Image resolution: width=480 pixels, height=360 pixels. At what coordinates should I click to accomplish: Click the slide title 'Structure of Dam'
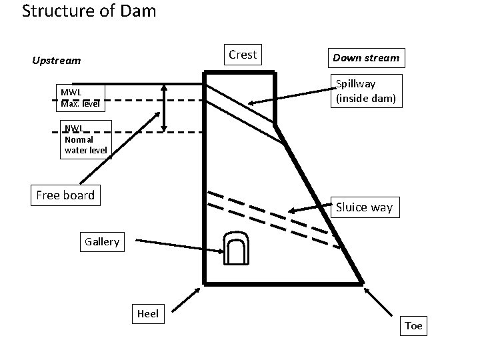[x=89, y=11]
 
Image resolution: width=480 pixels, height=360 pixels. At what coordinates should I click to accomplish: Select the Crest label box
[x=242, y=55]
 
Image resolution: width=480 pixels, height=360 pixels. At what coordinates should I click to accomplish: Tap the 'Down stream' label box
[x=366, y=58]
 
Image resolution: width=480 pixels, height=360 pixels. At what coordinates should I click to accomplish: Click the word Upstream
[x=57, y=61]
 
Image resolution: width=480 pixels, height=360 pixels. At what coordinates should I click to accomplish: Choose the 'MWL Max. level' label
[x=79, y=98]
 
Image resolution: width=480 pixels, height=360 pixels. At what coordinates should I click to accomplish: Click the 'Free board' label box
[x=65, y=195]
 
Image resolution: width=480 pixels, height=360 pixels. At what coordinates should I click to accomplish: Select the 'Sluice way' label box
[x=364, y=207]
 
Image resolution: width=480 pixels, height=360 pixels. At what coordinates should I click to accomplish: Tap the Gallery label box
[x=101, y=241]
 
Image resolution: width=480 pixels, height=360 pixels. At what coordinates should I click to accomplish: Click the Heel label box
[x=147, y=313]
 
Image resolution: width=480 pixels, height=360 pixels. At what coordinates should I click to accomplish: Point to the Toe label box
[x=413, y=326]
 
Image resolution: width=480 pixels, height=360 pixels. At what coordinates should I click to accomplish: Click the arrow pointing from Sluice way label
[x=311, y=210]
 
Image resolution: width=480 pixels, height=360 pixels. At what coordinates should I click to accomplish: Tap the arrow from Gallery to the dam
[x=174, y=245]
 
